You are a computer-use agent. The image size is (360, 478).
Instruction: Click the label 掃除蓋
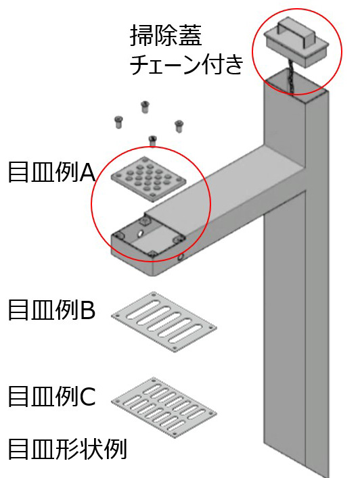pyautogui.click(x=166, y=35)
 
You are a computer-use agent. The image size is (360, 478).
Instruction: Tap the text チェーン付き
pyautogui.click(x=187, y=64)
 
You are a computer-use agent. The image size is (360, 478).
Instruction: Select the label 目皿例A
pyautogui.click(x=51, y=172)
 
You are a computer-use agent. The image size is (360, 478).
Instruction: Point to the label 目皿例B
pyautogui.click(x=51, y=310)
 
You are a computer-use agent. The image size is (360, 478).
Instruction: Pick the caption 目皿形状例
pyautogui.click(x=67, y=449)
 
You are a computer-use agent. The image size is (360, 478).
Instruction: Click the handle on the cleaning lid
pyautogui.click(x=295, y=32)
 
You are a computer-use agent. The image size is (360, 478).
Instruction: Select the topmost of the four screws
pyautogui.click(x=145, y=107)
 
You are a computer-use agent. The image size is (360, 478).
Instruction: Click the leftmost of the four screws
pyautogui.click(x=118, y=122)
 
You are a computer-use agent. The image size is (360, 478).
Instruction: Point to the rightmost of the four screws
pyautogui.click(x=179, y=126)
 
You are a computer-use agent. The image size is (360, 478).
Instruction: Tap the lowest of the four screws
pyautogui.click(x=152, y=141)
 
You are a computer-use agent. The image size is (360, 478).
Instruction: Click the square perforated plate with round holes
pyautogui.click(x=149, y=179)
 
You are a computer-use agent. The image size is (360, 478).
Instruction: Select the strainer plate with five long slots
pyautogui.click(x=164, y=322)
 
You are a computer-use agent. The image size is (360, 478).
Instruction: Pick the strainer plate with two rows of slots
pyautogui.click(x=164, y=408)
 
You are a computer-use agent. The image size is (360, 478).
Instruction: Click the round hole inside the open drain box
pyautogui.click(x=140, y=233)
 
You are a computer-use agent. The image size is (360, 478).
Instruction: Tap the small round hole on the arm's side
pyautogui.click(x=181, y=258)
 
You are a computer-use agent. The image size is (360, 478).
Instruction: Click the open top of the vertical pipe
pyautogui.click(x=296, y=82)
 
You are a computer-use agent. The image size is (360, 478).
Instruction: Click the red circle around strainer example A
pyautogui.click(x=92, y=204)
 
